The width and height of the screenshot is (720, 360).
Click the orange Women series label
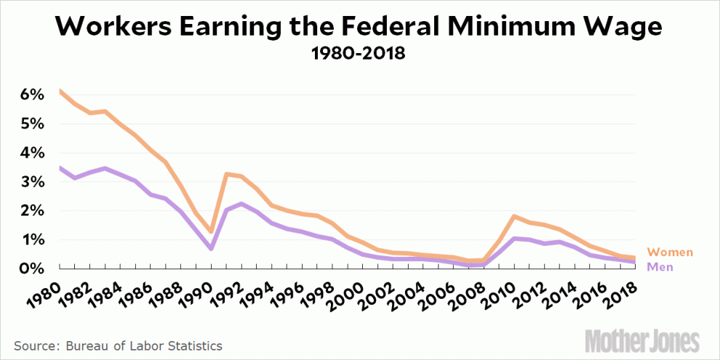pos(670,252)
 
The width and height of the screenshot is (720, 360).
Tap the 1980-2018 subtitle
pos(359,55)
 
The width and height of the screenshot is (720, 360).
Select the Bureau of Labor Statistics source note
pos(117,345)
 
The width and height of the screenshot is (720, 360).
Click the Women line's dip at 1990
pos(211,232)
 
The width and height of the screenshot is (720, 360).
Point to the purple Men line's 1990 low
pos(211,249)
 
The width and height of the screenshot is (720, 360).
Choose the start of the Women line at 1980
pos(59,91)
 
